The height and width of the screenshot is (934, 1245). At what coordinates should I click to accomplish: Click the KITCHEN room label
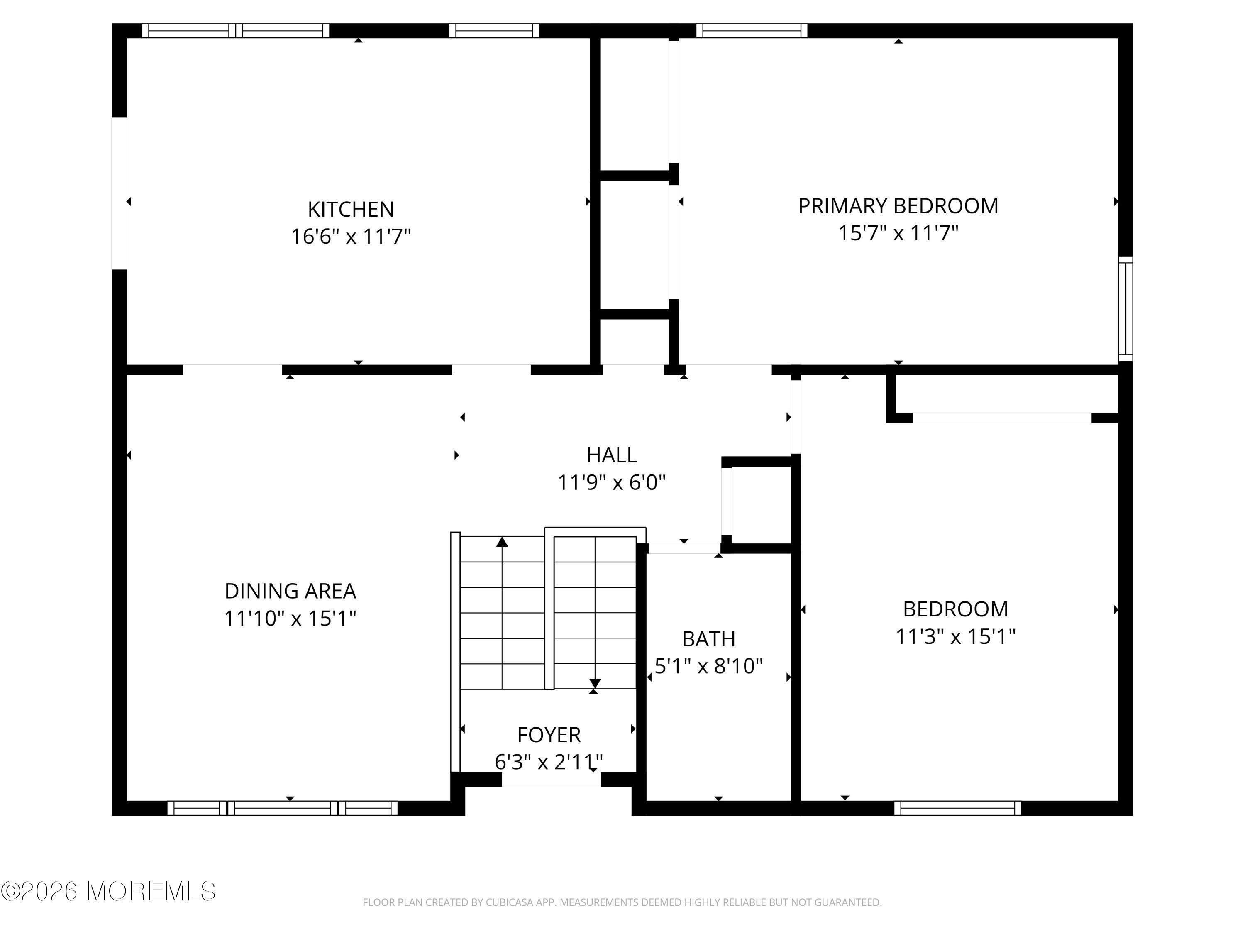[351, 210]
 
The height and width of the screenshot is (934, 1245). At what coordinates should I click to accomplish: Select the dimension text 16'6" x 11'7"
[351, 237]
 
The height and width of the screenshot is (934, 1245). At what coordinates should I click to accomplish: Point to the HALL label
[611, 455]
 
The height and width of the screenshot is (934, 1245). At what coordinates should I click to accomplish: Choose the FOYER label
[549, 735]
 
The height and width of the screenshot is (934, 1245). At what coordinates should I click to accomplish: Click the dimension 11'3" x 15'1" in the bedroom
[955, 637]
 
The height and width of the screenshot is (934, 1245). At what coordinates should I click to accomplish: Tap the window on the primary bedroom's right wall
[1125, 308]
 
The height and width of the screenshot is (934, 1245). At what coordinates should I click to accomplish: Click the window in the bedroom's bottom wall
[957, 808]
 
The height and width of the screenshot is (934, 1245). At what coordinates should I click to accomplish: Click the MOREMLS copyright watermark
[108, 891]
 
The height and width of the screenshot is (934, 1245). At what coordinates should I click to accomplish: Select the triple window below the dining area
[283, 808]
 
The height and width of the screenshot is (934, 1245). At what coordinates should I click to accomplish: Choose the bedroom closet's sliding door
[1001, 418]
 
